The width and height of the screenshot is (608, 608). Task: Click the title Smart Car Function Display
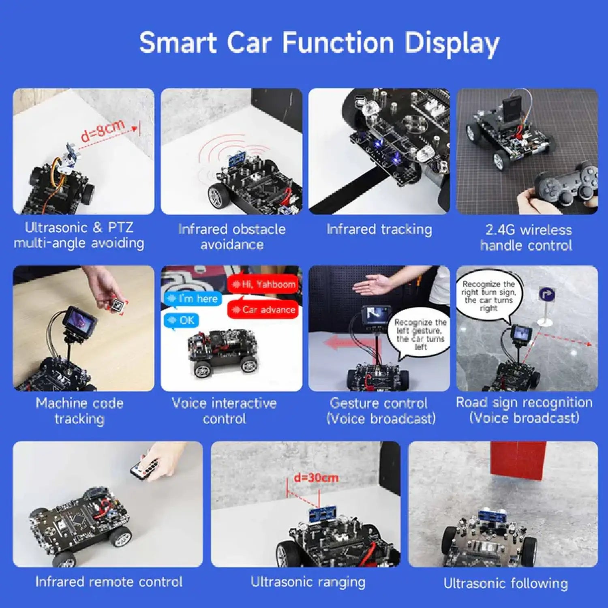(319, 43)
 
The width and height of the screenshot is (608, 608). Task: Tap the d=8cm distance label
(103, 131)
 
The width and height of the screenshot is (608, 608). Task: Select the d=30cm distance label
(316, 477)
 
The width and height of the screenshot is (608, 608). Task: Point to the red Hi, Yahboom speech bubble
(263, 284)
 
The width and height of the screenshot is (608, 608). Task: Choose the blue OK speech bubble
(182, 321)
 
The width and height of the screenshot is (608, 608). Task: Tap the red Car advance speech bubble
(263, 310)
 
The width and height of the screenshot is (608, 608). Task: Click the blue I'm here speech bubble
(193, 299)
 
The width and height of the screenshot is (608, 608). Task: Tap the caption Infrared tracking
(379, 229)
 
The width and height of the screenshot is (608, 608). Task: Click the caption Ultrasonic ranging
(308, 582)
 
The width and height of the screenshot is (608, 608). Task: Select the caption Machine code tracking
(79, 411)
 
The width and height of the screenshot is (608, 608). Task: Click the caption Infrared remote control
(109, 582)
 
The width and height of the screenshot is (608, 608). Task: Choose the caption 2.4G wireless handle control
(527, 238)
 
